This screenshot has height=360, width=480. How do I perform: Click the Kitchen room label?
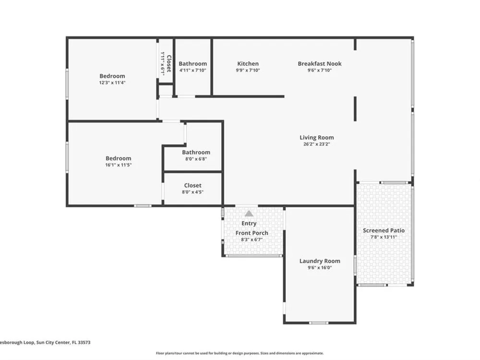coord(248,64)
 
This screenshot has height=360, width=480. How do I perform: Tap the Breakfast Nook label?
coord(320,64)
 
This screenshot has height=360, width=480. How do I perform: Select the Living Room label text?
coord(316,138)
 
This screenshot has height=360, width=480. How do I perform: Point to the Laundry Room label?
coord(320,261)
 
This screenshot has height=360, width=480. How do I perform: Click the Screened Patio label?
coord(384,230)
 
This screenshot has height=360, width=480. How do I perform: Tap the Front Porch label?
coord(252,233)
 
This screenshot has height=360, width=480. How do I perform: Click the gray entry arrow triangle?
coord(249,214)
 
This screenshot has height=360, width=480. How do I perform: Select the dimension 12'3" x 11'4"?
coord(112,83)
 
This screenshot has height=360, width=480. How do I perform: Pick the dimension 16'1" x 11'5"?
coord(118,165)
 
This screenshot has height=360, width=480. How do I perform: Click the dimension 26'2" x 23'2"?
coord(316,144)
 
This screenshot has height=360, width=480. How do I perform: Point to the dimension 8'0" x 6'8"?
coord(196,159)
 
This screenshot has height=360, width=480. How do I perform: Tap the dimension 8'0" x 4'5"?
coord(192,192)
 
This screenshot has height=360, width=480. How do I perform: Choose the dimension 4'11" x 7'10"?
coord(192,70)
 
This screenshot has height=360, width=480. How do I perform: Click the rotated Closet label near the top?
coord(168,63)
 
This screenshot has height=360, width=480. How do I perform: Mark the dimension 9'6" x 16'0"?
coord(320,267)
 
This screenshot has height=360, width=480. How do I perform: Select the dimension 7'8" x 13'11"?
coord(384,237)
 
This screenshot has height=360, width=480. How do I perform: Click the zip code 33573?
coord(84,343)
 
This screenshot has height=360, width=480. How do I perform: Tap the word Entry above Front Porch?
coord(249,224)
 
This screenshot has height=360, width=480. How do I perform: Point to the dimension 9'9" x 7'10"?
coord(248,70)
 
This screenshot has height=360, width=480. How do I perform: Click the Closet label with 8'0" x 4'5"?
coord(192,185)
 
